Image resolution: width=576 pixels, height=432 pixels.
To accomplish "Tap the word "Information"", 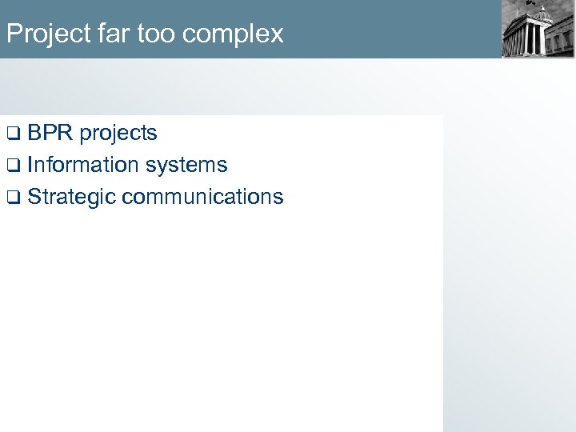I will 83,165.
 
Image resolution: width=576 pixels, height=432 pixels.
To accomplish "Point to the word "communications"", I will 202,197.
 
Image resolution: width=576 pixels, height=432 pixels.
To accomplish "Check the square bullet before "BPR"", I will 11,134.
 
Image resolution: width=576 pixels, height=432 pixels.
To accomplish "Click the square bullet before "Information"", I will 11,166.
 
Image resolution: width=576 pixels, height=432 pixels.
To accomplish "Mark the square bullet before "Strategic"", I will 11,198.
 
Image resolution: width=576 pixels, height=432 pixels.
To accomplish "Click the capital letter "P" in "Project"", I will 12,34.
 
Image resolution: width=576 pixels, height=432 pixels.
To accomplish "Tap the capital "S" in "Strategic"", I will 34,198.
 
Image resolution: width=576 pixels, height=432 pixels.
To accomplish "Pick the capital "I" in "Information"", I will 30,165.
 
